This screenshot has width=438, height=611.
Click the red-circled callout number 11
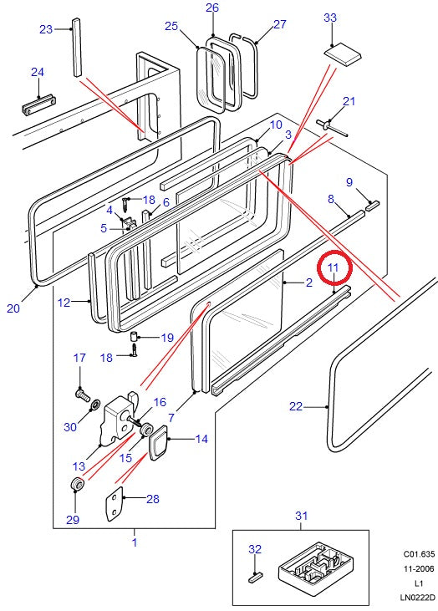tap(334, 267)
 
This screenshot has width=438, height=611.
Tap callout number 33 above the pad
tap(330, 18)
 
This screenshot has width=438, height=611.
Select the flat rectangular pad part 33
tap(343, 53)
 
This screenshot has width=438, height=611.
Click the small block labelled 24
tap(38, 104)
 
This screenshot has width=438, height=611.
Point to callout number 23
tap(46, 29)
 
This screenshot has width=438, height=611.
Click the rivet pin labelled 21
tap(332, 127)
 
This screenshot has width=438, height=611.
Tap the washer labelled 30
tap(94, 405)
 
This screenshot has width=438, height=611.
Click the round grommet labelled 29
tap(77, 485)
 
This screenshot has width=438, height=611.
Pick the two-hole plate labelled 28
tap(114, 503)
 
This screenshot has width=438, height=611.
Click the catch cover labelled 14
tap(157, 443)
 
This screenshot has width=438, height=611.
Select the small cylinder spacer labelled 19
tap(133, 336)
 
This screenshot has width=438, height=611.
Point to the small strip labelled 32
tap(256, 577)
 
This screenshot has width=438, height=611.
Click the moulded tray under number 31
tap(316, 563)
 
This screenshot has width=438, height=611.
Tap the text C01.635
tap(418, 553)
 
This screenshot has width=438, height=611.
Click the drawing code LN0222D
tap(416, 597)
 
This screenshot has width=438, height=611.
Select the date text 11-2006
tap(419, 568)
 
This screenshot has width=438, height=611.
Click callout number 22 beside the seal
tap(296, 406)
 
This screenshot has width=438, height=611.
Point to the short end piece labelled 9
tap(372, 205)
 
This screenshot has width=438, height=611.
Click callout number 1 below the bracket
tap(135, 542)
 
